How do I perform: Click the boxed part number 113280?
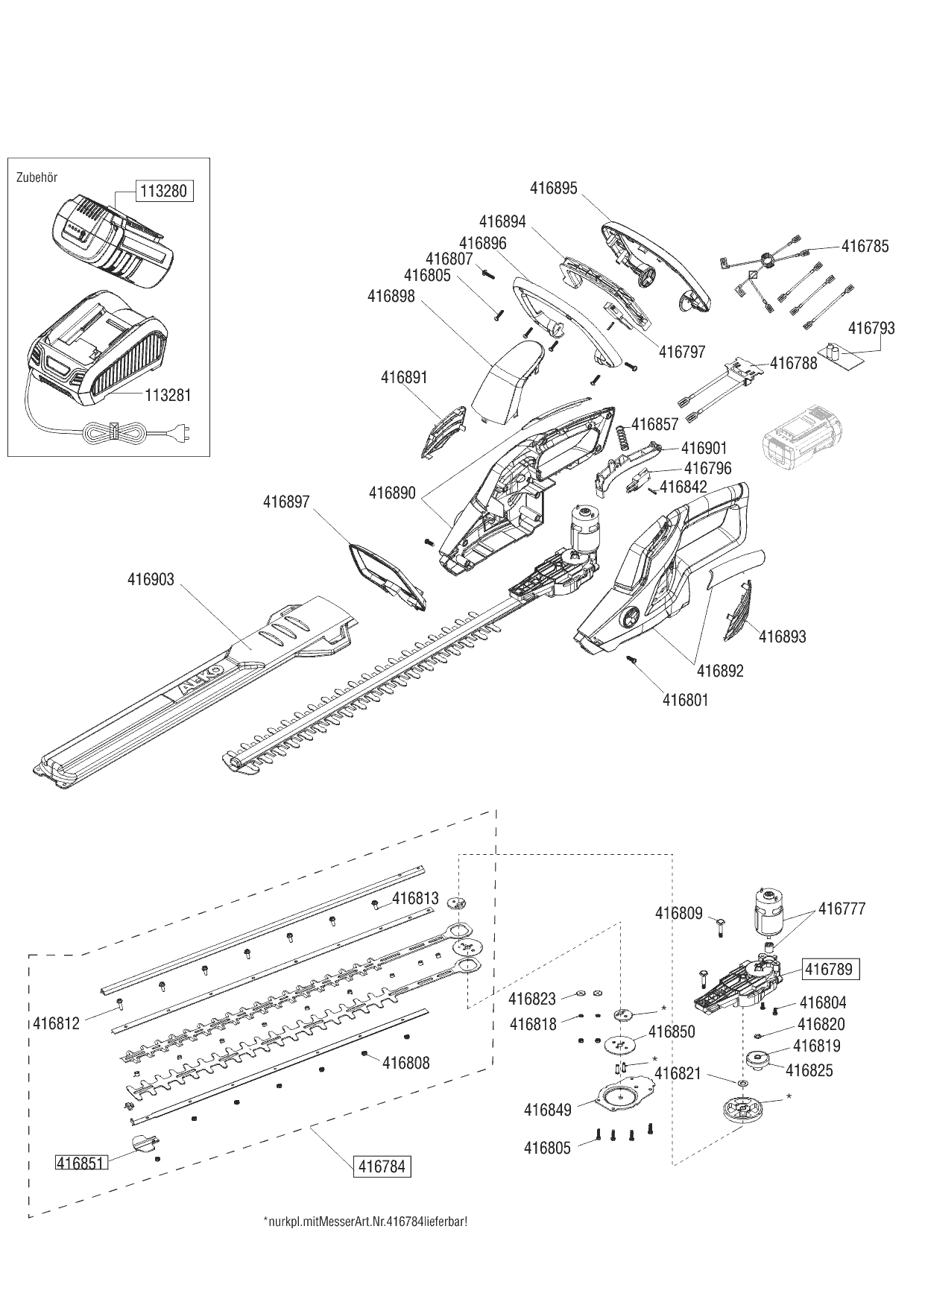click(x=163, y=191)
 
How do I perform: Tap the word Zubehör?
click(x=37, y=177)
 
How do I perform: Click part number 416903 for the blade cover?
click(x=150, y=579)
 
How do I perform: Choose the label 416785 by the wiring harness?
click(x=865, y=246)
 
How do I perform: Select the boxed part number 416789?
click(x=831, y=970)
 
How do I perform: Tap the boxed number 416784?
click(x=382, y=1166)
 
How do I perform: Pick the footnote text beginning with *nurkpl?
click(x=365, y=1223)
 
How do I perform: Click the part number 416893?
click(x=782, y=636)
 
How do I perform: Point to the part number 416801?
click(x=685, y=700)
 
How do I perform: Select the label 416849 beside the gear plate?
click(x=547, y=1110)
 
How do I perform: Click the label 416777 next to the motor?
click(x=842, y=909)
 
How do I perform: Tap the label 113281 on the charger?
click(x=167, y=395)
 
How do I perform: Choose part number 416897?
click(x=285, y=502)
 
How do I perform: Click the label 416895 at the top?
click(x=553, y=189)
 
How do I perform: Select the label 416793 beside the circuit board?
click(x=871, y=328)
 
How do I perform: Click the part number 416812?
click(x=57, y=1023)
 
